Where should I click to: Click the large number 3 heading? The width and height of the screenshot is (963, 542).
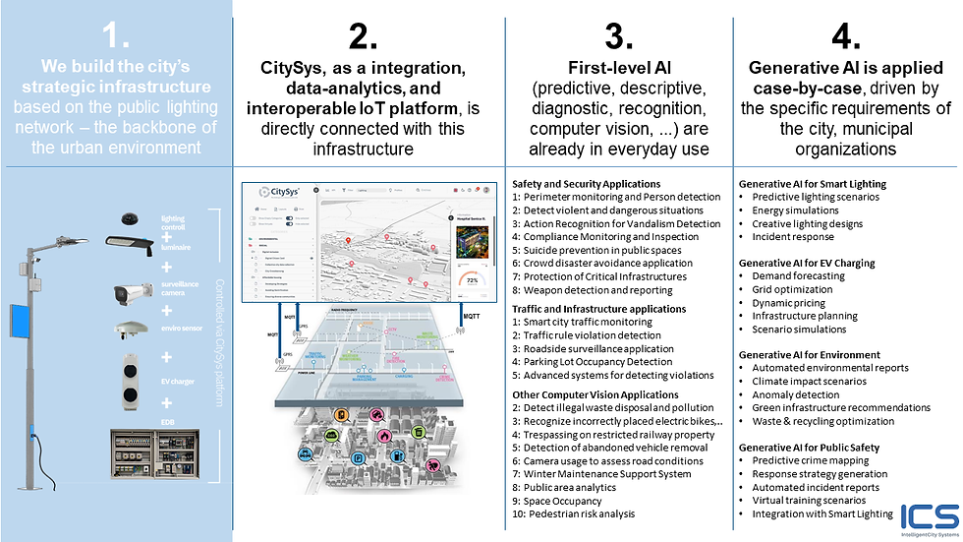[618, 37]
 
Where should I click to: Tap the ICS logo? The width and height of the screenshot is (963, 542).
[929, 516]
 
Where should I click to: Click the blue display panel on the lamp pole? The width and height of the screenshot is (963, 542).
[19, 321]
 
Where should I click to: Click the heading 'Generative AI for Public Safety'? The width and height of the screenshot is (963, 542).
[809, 448]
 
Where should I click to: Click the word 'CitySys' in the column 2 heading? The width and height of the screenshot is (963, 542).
[295, 68]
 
